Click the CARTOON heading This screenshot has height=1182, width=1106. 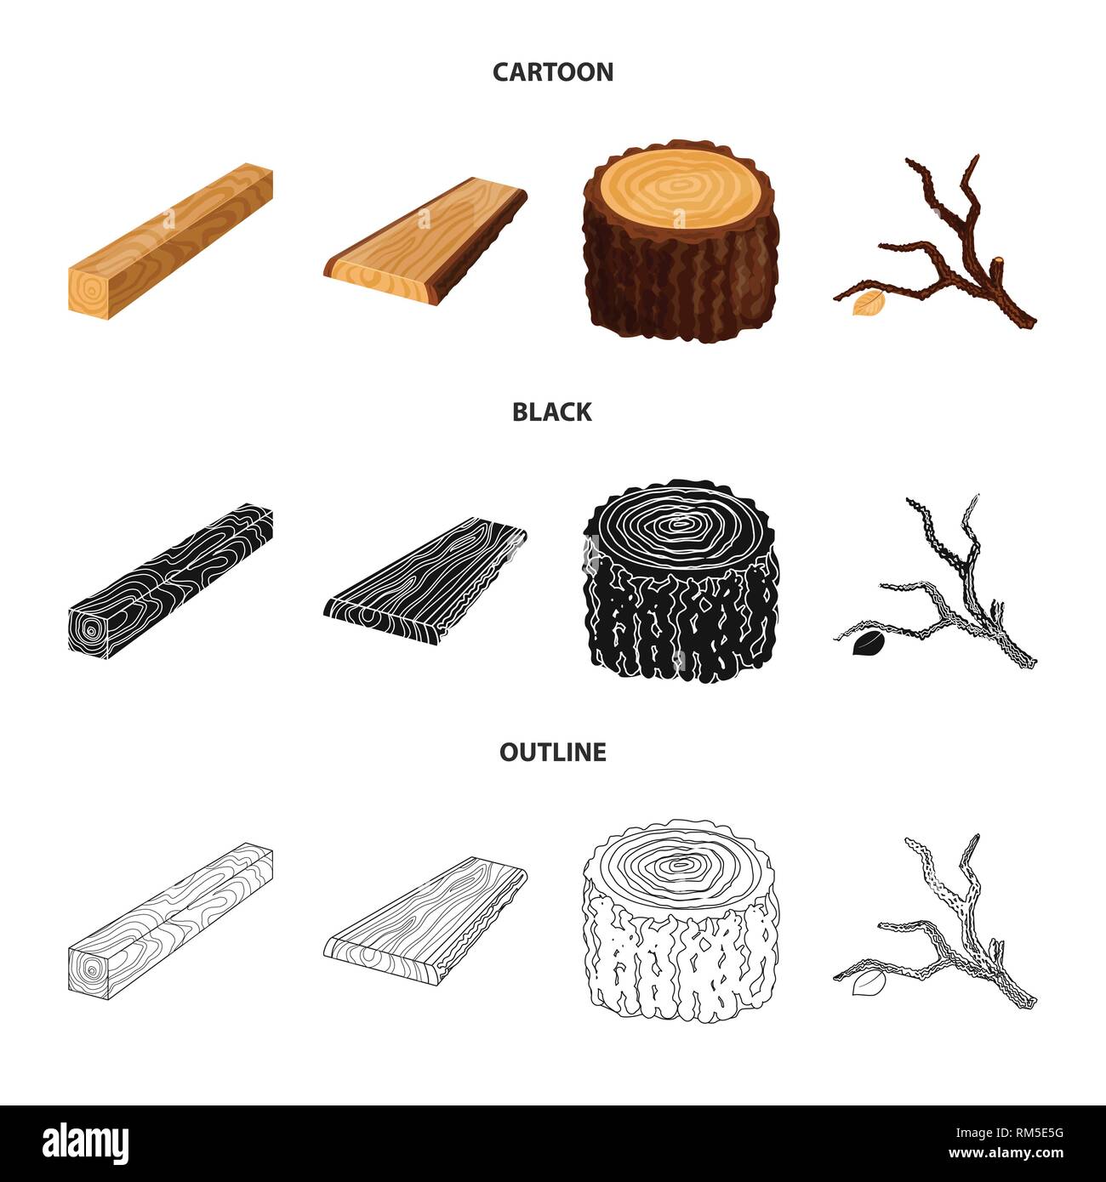pos(552,71)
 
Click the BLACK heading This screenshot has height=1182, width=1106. pos(552,412)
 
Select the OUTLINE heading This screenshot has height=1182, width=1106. pos(552,752)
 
